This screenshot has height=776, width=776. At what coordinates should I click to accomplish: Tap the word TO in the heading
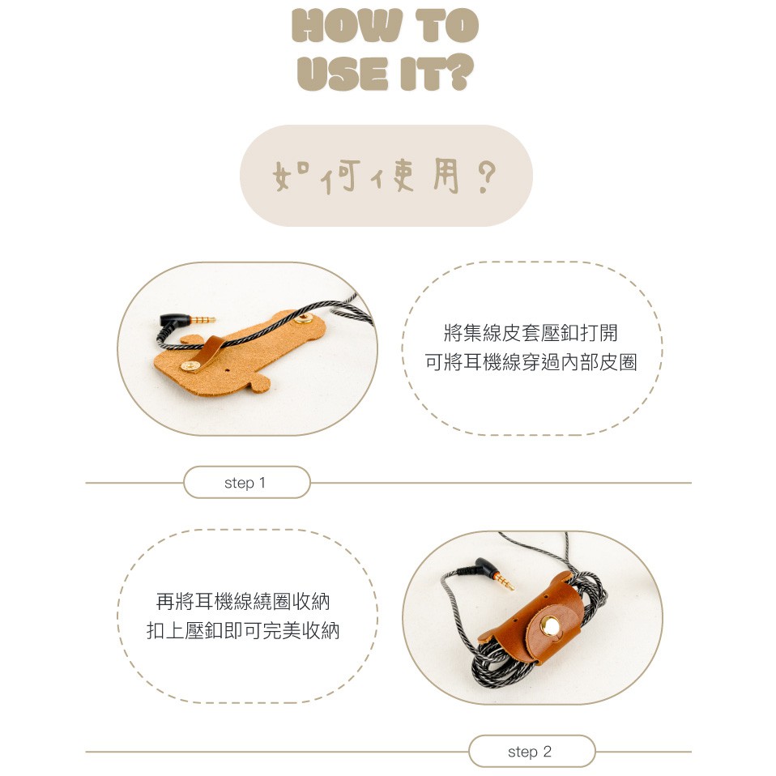(447, 25)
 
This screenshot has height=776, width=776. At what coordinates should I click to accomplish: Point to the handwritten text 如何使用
(365, 176)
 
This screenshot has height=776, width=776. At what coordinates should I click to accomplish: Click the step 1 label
(245, 483)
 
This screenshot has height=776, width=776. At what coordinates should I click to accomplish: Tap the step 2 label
(530, 752)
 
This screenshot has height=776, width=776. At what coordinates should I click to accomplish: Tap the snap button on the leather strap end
(189, 366)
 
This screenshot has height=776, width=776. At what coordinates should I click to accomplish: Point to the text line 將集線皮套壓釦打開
(531, 333)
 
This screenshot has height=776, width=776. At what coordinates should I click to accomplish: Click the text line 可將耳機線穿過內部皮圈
(531, 362)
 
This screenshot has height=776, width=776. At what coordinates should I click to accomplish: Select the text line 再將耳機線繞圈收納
(243, 602)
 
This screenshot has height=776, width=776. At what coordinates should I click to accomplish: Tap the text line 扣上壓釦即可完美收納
(243, 631)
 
